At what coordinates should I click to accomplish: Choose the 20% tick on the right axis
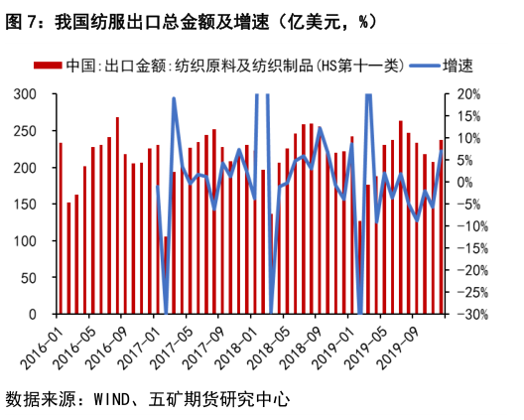coord(468,94)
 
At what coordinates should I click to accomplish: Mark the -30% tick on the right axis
coord(470,315)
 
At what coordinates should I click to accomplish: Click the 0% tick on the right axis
coord(468,183)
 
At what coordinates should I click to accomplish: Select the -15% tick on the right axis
coord(470,248)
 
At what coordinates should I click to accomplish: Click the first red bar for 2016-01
coord(61,228)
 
